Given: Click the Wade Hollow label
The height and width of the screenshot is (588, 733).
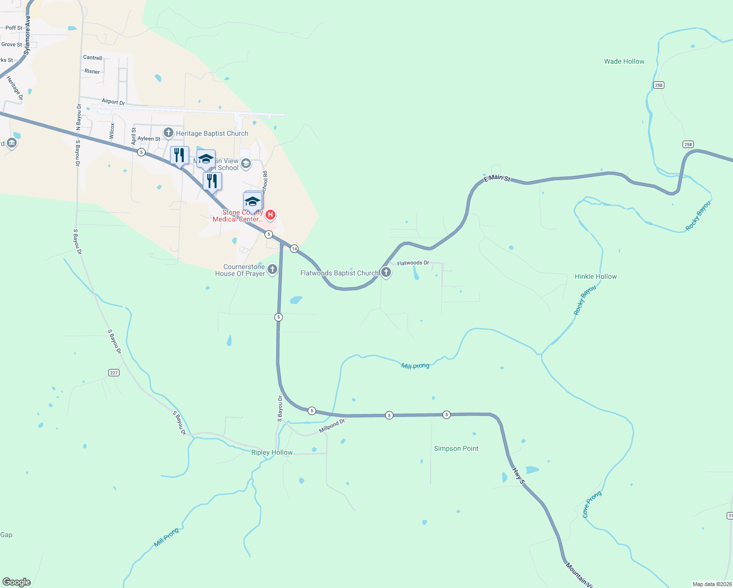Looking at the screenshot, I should tap(624, 61).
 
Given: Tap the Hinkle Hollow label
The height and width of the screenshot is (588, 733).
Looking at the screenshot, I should tap(595, 276).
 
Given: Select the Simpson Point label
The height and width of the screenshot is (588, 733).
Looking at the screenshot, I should tap(456, 448).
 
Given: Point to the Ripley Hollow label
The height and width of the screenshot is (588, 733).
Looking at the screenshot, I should tap(271, 452).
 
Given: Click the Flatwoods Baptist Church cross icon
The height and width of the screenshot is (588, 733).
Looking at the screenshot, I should tap(386, 272).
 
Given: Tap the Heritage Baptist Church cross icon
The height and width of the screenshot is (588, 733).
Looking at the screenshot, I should tap(169, 133).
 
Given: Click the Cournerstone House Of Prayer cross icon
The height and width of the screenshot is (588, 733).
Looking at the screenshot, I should tap(272, 269).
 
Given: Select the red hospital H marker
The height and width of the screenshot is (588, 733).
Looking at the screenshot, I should tap(270, 215).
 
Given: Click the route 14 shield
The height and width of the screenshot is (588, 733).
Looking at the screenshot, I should tap(294, 249).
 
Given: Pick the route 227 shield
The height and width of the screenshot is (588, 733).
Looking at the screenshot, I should tap(114, 373).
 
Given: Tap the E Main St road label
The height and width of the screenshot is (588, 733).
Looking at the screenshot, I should tap(497, 178).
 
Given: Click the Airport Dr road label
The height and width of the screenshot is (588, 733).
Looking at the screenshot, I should tap(113, 102).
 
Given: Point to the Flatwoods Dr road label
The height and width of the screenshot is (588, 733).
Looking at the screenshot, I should tap(413, 263).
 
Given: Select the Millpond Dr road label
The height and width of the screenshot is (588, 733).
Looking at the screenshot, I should tap(332, 425).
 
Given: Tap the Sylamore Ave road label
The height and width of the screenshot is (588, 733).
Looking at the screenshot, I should tap(27, 34).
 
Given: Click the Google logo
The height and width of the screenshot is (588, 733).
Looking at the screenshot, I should tap(17, 582).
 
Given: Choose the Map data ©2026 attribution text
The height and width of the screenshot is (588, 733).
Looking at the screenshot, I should tap(712, 584).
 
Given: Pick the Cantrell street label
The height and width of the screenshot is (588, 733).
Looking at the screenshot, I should tap(93, 57).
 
